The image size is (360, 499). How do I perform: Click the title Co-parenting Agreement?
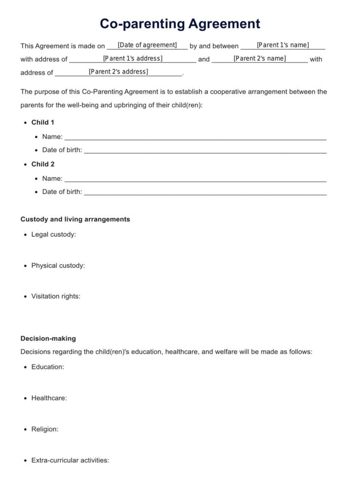(x=180, y=23)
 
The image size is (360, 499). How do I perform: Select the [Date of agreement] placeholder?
(x=147, y=45)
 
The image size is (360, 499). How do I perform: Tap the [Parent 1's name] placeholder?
(x=283, y=45)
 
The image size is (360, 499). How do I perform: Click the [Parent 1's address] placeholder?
(x=133, y=58)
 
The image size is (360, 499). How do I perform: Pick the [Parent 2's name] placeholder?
(x=260, y=58)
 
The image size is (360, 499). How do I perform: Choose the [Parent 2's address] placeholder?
(x=118, y=72)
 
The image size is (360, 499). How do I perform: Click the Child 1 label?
(x=43, y=122)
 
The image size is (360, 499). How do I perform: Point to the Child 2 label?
(x=43, y=164)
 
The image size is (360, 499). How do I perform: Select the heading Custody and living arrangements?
(x=75, y=219)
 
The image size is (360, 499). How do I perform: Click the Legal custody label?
(x=54, y=234)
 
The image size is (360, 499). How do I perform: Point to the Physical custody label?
(x=58, y=266)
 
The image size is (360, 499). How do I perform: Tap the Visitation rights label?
(x=56, y=296)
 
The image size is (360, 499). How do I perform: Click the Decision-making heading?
(x=48, y=338)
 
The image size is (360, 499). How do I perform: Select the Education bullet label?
(x=48, y=367)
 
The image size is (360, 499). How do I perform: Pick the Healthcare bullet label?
(x=49, y=398)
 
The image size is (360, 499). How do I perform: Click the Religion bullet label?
(x=45, y=429)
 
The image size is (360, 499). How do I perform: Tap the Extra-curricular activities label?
(x=70, y=460)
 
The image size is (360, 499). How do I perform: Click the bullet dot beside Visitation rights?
(x=25, y=296)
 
